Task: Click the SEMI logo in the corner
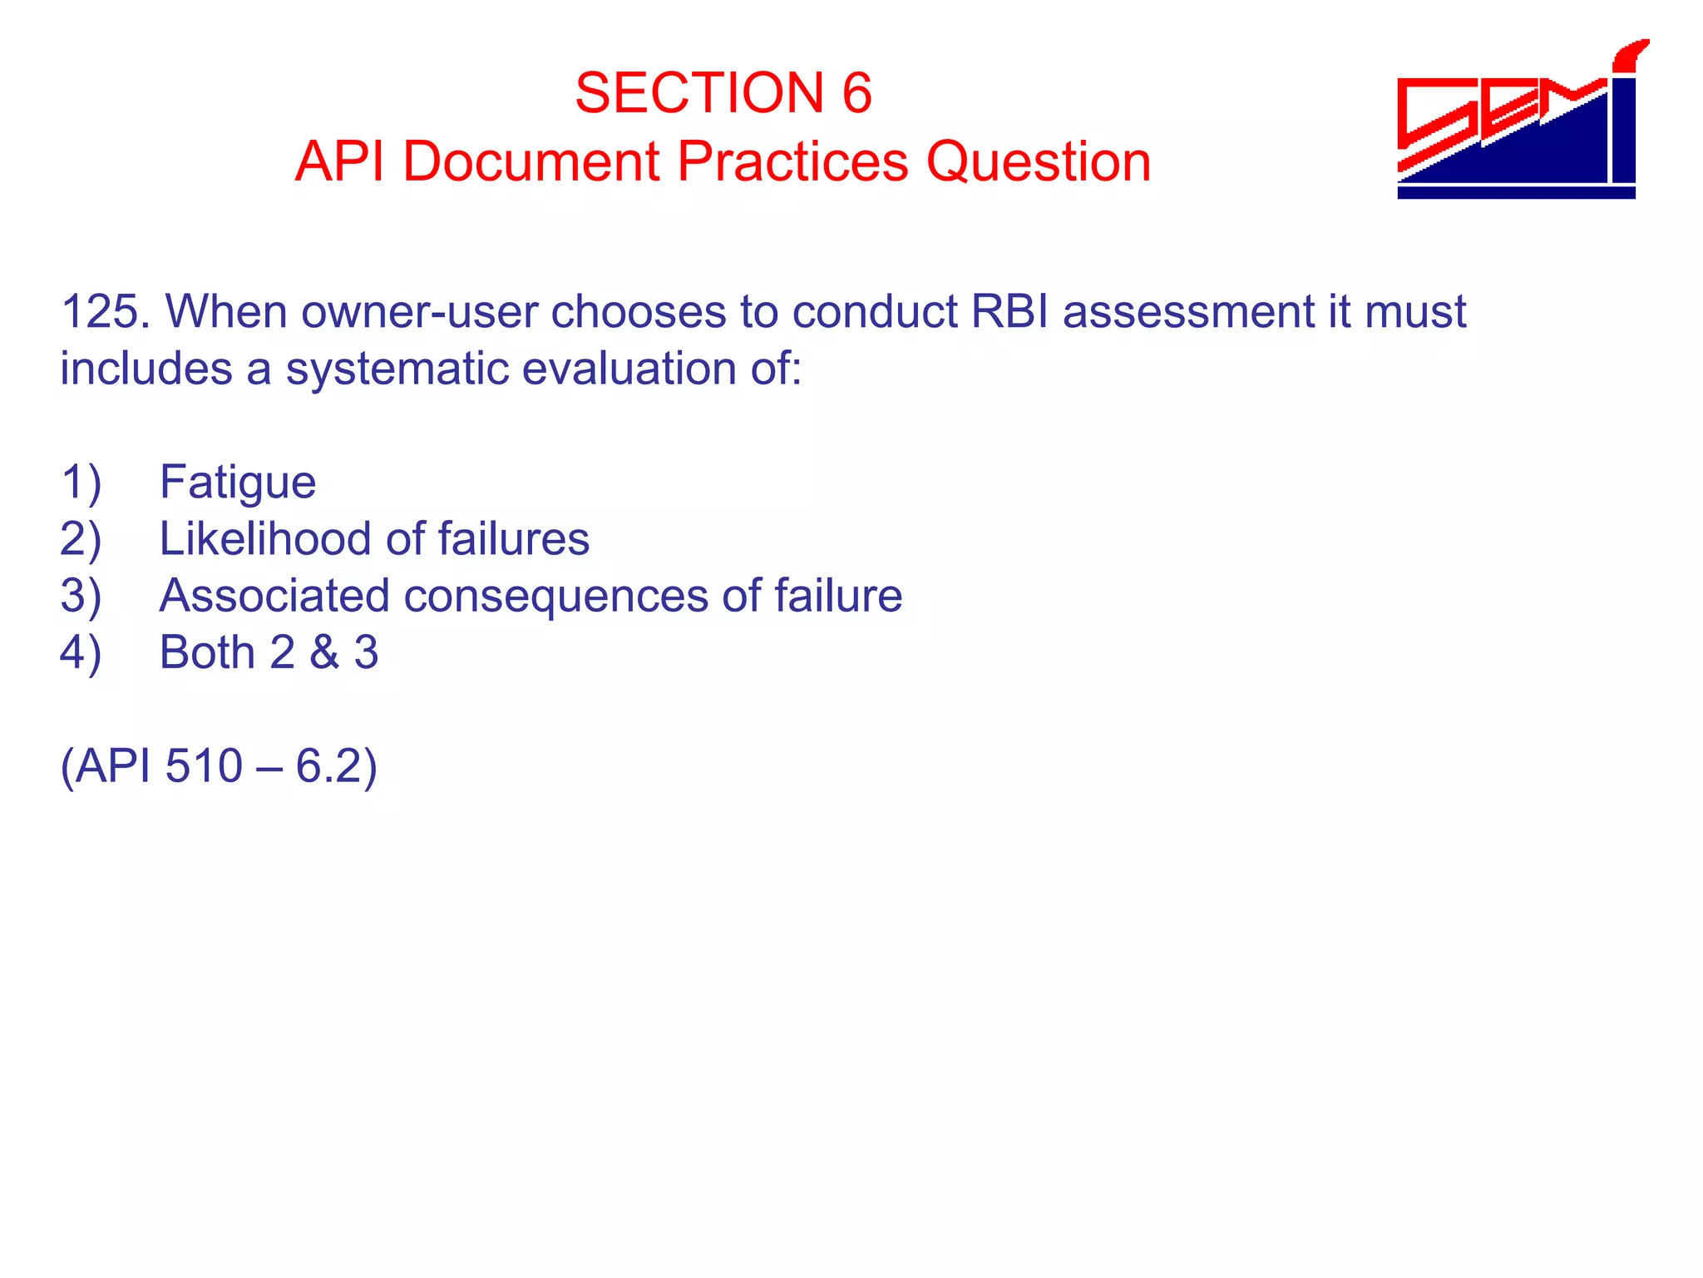(x=1518, y=121)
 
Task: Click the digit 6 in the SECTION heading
(x=856, y=92)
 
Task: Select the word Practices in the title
(x=792, y=161)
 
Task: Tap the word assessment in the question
(x=1187, y=312)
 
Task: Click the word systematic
(x=396, y=369)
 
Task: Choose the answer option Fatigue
(x=238, y=483)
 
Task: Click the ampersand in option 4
(x=324, y=652)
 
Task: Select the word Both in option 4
(x=206, y=652)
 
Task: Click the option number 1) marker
(x=81, y=483)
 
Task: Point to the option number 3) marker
(x=81, y=596)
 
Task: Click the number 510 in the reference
(x=204, y=765)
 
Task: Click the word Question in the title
(x=1039, y=161)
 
